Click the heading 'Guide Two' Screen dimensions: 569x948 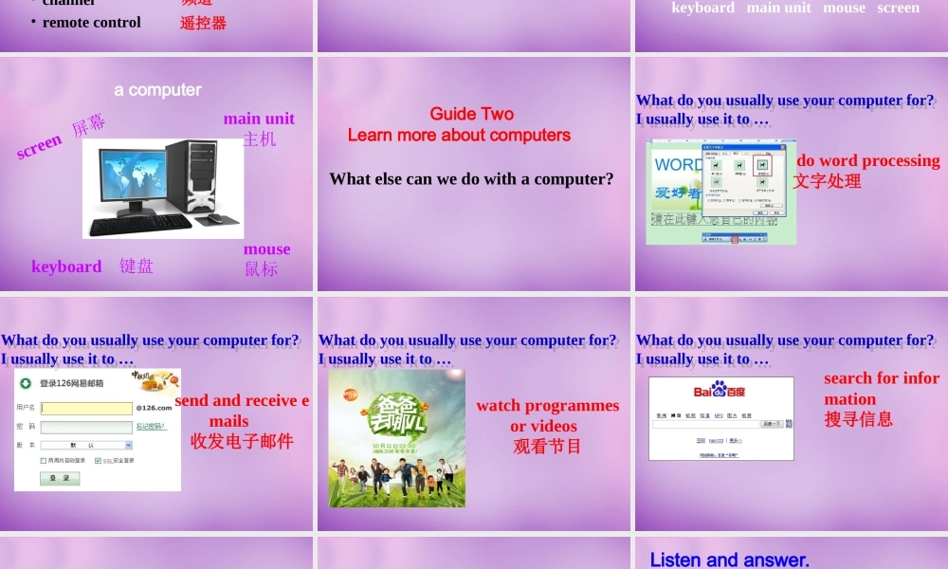(471, 114)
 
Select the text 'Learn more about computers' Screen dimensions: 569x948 (459, 136)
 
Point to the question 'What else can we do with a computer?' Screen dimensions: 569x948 (471, 178)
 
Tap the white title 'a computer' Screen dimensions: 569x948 (157, 90)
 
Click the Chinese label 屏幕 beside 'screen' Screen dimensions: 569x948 (89, 125)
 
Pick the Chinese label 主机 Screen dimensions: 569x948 (259, 139)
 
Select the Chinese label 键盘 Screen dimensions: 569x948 (137, 266)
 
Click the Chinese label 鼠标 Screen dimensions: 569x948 (262, 269)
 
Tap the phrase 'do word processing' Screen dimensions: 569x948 (867, 160)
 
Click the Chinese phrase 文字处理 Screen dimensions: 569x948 (827, 181)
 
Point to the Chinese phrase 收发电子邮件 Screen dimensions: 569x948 (242, 441)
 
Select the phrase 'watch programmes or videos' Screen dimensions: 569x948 (547, 415)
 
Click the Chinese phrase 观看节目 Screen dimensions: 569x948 (547, 447)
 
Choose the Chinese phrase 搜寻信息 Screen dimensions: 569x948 (858, 419)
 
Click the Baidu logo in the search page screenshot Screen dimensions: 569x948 (720, 391)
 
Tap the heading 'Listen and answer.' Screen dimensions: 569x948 (729, 560)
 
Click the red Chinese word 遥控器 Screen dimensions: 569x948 (203, 23)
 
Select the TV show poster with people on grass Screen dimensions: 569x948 (396, 438)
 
